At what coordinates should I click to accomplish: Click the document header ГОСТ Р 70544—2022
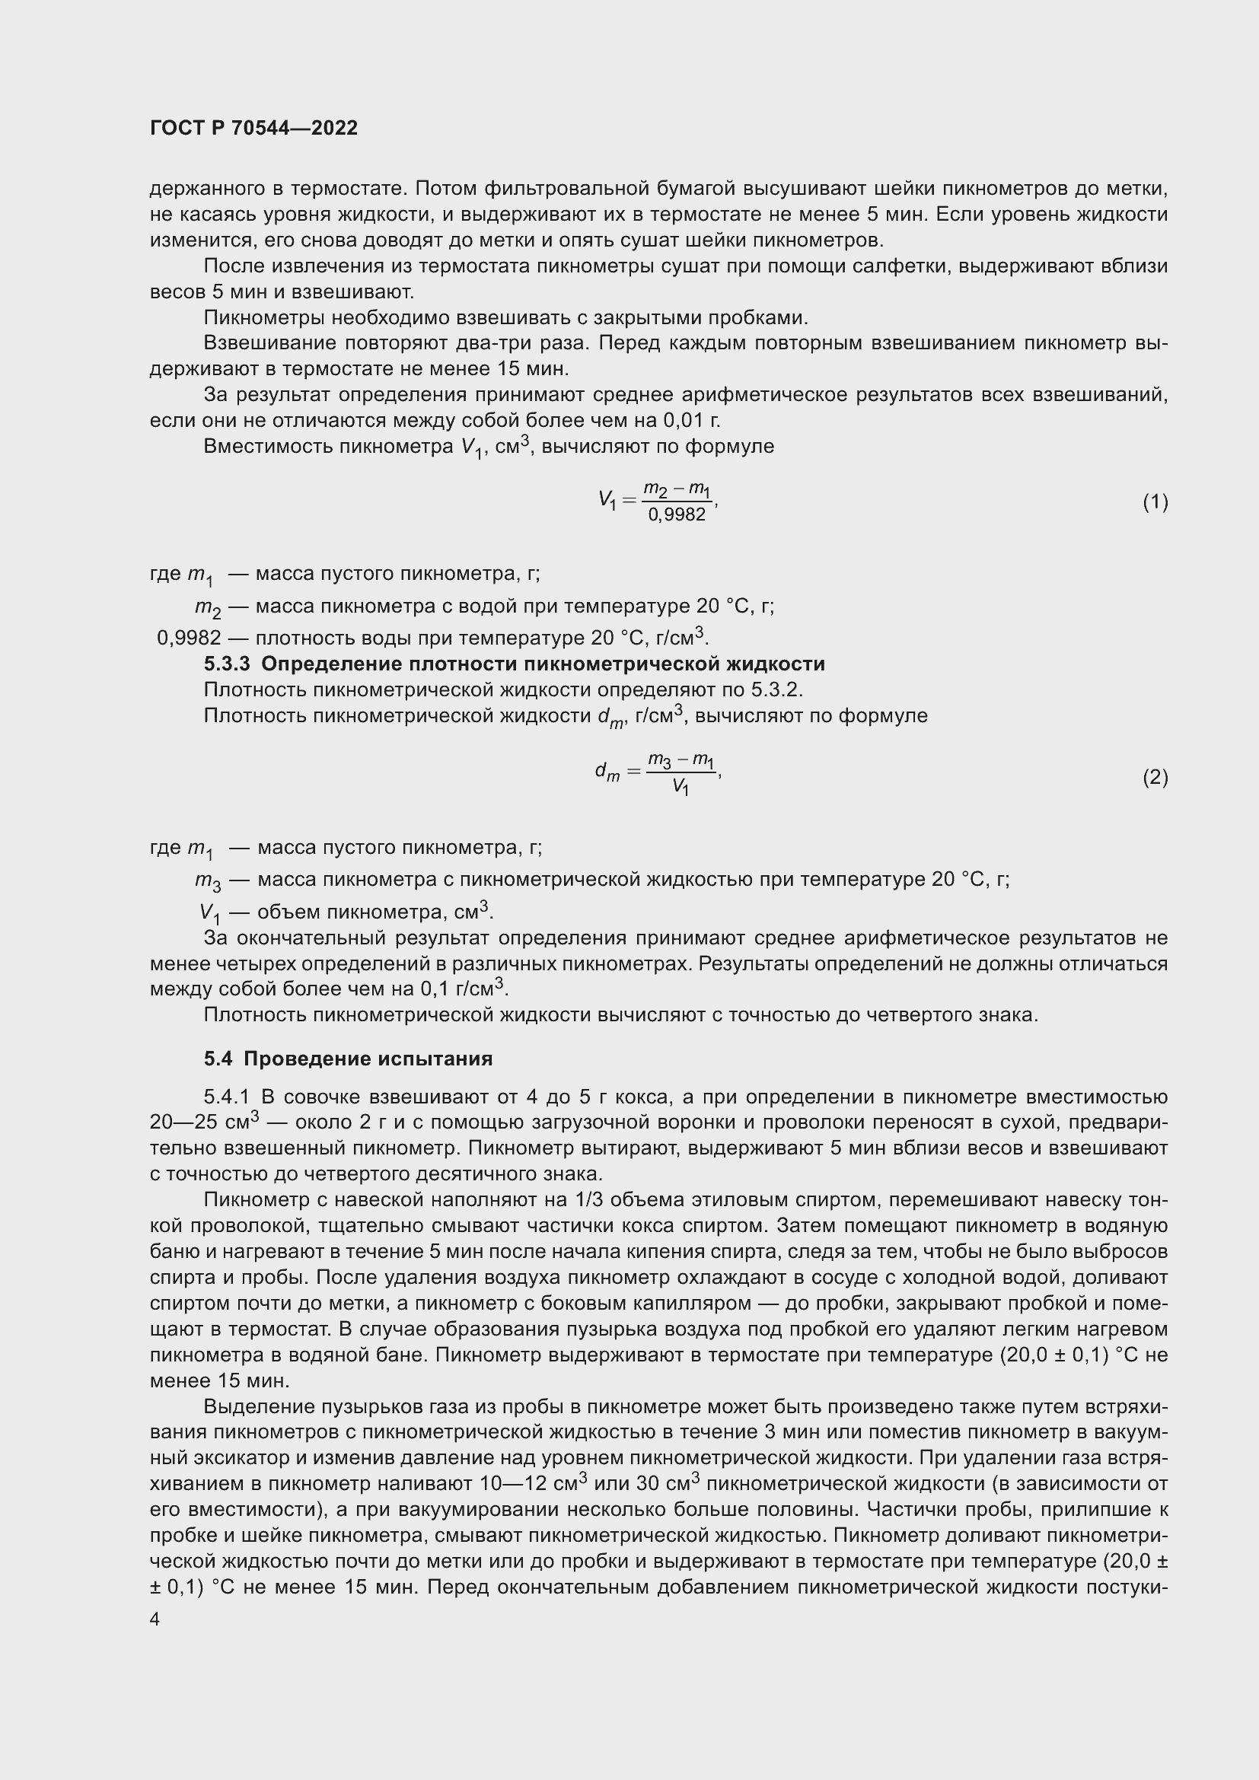(x=253, y=129)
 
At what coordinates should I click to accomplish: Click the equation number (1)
(x=1155, y=502)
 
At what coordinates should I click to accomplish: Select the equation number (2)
(x=1155, y=777)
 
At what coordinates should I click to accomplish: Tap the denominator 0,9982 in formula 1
(x=677, y=514)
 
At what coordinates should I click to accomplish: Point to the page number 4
(x=155, y=1619)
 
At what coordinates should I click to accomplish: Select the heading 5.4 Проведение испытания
(x=348, y=1059)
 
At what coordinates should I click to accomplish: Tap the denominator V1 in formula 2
(x=680, y=788)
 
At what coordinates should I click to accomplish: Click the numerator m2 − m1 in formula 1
(x=677, y=490)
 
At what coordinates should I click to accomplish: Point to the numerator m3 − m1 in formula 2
(x=680, y=762)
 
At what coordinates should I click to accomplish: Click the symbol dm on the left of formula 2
(x=607, y=772)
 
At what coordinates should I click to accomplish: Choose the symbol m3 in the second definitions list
(x=208, y=881)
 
